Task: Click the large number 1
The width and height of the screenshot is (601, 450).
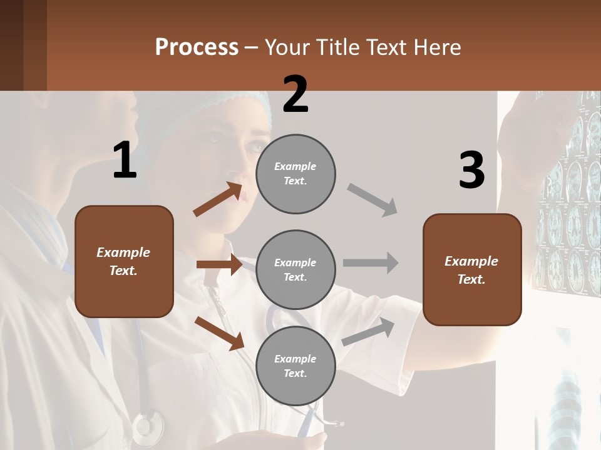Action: pyautogui.click(x=125, y=160)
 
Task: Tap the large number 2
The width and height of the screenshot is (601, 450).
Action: pyautogui.click(x=295, y=94)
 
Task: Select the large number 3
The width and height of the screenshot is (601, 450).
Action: pyautogui.click(x=471, y=170)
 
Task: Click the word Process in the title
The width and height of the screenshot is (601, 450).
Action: pyautogui.click(x=197, y=47)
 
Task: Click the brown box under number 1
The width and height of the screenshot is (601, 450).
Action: pyautogui.click(x=124, y=261)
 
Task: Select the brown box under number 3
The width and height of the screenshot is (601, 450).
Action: pyautogui.click(x=472, y=269)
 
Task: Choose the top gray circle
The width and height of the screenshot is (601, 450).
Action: pyautogui.click(x=295, y=174)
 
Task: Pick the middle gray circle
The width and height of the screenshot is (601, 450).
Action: pyautogui.click(x=295, y=269)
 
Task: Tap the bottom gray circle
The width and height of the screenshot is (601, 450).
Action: pyautogui.click(x=295, y=366)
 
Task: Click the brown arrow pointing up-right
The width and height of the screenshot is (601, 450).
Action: pyautogui.click(x=218, y=199)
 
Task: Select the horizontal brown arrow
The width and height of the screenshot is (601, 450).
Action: pyautogui.click(x=219, y=264)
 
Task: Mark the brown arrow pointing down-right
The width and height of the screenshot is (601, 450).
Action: pyautogui.click(x=219, y=332)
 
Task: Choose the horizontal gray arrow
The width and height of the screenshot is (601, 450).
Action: pyautogui.click(x=371, y=262)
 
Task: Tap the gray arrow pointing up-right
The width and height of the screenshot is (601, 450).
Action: pyautogui.click(x=369, y=331)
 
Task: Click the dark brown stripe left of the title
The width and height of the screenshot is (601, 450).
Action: pyautogui.click(x=35, y=45)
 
